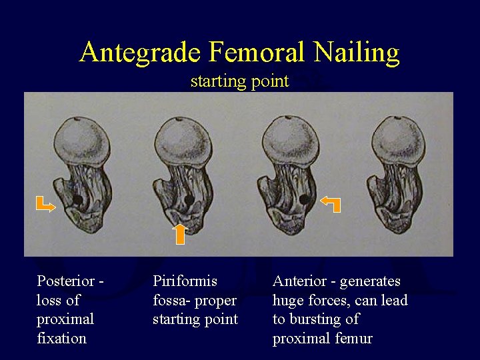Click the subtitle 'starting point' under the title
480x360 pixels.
[x=239, y=81]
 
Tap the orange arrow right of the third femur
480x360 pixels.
[x=331, y=203]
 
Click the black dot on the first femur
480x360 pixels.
[x=77, y=199]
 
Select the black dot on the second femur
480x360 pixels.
[x=189, y=199]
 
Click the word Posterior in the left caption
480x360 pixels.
[x=65, y=281]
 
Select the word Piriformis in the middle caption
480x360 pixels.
[x=185, y=281]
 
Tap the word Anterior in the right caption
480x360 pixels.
[x=297, y=281]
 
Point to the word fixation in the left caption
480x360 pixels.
[x=61, y=338]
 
